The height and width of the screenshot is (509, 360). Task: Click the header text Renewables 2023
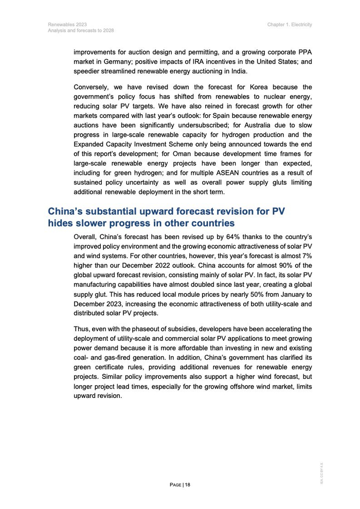click(67, 24)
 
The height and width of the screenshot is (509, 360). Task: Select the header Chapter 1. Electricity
click(290, 24)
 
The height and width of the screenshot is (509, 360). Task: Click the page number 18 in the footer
click(187, 484)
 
